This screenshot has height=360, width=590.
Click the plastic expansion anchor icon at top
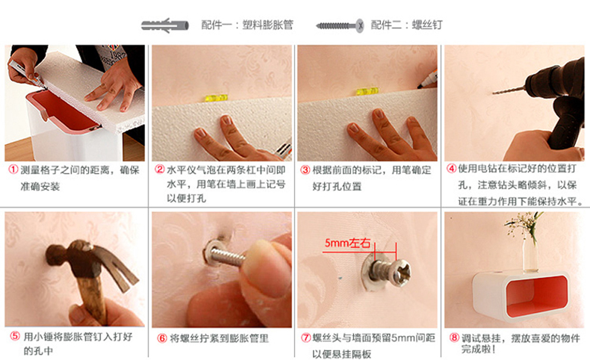pyautogui.click(x=165, y=25)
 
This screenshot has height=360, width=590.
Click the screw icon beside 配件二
pyautogui.click(x=340, y=25)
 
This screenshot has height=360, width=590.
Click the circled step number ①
pyautogui.click(x=13, y=170)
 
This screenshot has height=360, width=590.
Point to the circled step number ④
pyautogui.click(x=451, y=169)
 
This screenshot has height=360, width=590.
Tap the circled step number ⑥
pyautogui.click(x=162, y=338)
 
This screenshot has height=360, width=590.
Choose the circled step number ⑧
pyautogui.click(x=454, y=338)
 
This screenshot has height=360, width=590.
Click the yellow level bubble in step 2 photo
pyautogui.click(x=216, y=98)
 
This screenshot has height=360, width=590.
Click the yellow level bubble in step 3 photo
pyautogui.click(x=367, y=91)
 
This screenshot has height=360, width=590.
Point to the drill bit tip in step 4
pyautogui.click(x=494, y=93)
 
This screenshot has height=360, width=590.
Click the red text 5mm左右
pyautogui.click(x=347, y=243)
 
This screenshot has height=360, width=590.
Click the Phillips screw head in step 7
pyautogui.click(x=402, y=272)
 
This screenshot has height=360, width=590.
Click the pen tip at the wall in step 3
pyautogui.click(x=419, y=87)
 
